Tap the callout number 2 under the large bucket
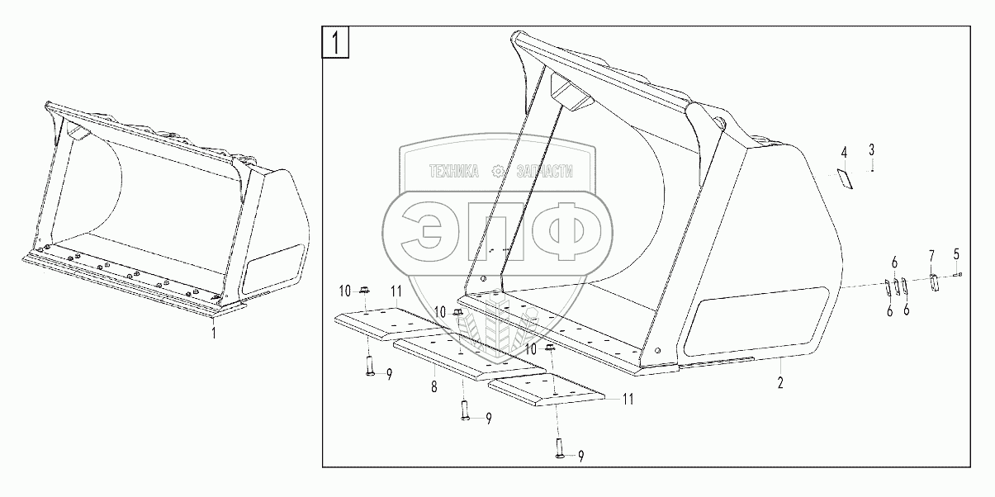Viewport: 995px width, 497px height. [779, 383]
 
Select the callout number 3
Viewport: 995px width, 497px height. [871, 149]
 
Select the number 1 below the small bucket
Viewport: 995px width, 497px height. [214, 333]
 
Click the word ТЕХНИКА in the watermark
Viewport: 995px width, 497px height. [452, 172]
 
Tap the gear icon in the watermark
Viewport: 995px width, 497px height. [497, 172]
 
